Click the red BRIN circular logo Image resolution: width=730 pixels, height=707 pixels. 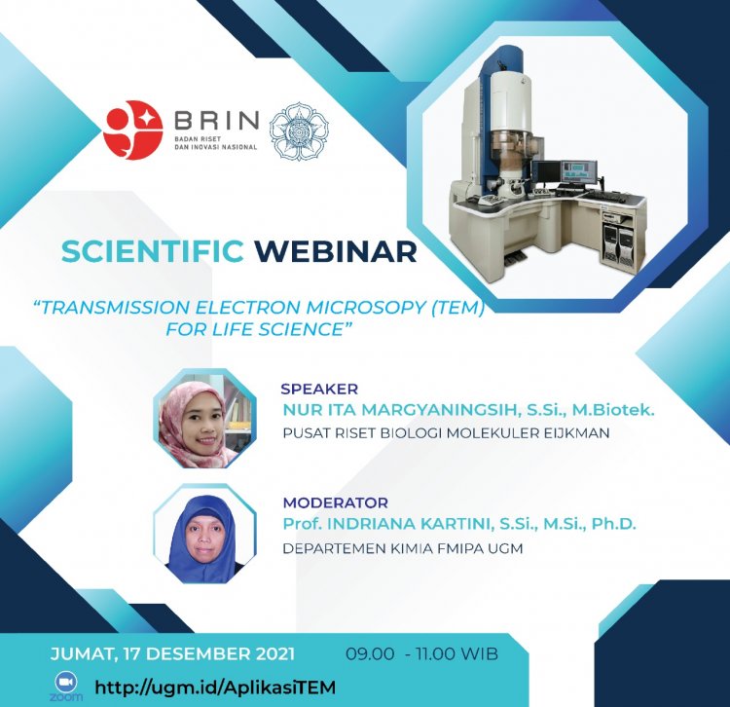tap(132, 130)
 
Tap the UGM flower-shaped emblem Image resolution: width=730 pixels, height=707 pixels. tap(300, 130)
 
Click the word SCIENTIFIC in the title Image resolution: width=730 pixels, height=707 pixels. tap(152, 251)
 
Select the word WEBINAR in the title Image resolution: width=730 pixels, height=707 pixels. tap(336, 251)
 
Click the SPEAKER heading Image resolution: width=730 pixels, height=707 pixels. tap(319, 389)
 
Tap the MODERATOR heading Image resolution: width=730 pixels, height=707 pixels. tap(336, 503)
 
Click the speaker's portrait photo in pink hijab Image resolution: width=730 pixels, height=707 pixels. tap(205, 418)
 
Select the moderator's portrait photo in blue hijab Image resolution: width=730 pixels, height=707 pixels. tap(205, 534)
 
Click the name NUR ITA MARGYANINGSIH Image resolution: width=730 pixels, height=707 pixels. tap(401, 410)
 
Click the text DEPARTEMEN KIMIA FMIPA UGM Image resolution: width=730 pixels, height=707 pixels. tap(403, 548)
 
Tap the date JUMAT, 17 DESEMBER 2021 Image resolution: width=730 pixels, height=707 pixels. tap(172, 653)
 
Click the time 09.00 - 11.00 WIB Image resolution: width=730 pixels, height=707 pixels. tap(421, 653)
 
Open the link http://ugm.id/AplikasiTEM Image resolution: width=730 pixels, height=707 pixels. tap(215, 688)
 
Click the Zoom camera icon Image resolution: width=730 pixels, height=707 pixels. tap(66, 683)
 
